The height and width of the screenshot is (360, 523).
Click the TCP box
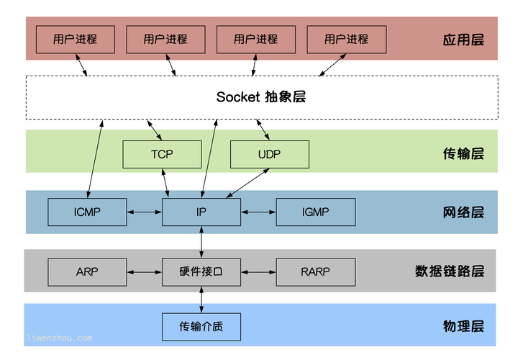click(162, 154)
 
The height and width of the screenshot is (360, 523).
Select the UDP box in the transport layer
click(269, 154)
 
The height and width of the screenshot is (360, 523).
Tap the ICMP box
click(87, 212)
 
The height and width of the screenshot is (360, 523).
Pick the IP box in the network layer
click(201, 212)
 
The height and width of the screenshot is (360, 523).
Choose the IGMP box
click(315, 212)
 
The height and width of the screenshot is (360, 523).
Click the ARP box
click(87, 271)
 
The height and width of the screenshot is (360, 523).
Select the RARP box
click(315, 271)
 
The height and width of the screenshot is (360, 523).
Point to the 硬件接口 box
click(201, 271)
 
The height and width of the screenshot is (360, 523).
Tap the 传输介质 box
click(201, 326)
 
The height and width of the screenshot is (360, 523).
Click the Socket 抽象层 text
click(260, 96)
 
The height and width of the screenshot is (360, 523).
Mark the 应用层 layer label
click(463, 39)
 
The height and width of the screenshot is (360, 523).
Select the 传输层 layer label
click(463, 153)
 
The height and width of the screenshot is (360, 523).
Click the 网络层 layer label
click(463, 212)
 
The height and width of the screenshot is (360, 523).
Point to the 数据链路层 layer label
click(450, 271)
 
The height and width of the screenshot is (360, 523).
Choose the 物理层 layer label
click(463, 326)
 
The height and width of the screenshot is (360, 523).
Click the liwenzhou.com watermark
click(59, 337)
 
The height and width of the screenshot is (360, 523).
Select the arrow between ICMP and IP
click(144, 212)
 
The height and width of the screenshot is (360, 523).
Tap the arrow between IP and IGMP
click(258, 212)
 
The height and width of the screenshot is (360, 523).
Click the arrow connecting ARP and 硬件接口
click(144, 271)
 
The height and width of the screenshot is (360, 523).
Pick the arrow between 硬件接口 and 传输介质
click(201, 299)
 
